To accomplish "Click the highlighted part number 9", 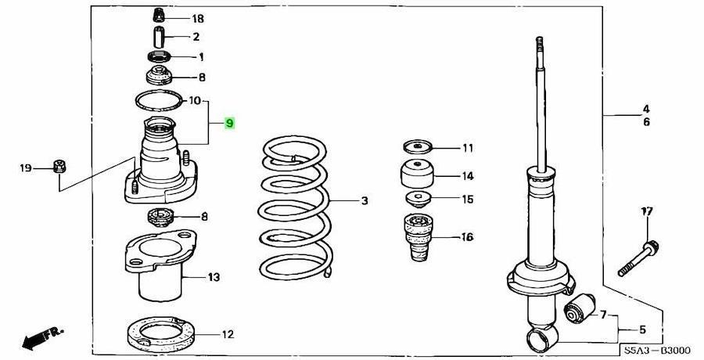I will [228, 123].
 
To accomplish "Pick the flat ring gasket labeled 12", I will [161, 334].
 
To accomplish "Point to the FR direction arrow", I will [41, 338].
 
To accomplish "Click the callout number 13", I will [214, 277].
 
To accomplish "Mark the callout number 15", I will [467, 199].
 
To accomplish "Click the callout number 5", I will [644, 329].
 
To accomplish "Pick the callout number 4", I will [646, 109].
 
